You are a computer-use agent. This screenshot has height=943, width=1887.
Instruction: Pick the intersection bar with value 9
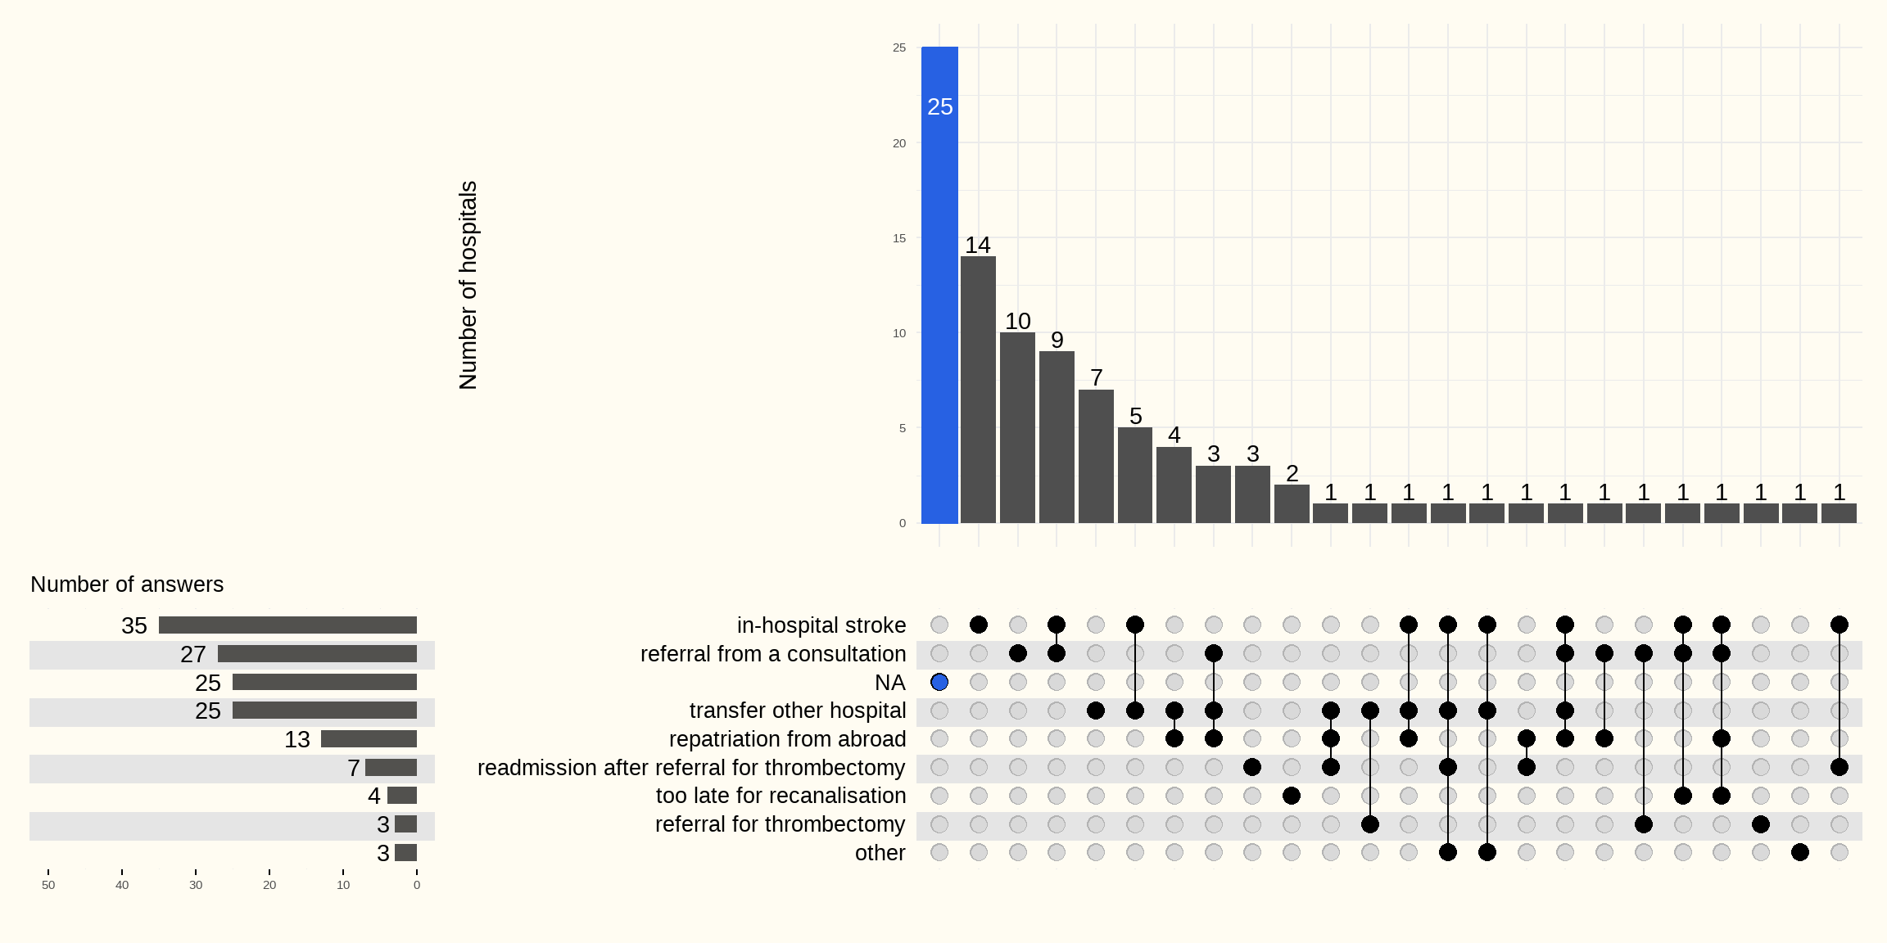point(1057,437)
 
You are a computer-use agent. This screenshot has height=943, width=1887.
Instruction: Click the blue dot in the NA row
point(939,682)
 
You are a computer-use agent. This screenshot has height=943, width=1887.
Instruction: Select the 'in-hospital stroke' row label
point(821,625)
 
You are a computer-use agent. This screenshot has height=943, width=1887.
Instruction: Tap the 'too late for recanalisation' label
point(781,796)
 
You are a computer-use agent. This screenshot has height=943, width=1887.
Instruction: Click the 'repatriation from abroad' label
point(787,739)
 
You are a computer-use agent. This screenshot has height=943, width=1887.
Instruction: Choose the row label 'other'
point(880,853)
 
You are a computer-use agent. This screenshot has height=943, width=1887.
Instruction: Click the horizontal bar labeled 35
point(287,625)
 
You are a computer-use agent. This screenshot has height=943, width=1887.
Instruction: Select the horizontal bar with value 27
point(317,654)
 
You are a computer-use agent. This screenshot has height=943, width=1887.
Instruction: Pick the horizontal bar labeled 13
point(369,739)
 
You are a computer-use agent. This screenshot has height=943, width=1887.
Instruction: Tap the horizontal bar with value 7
point(391,768)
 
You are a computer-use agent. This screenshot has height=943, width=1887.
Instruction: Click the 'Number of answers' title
point(127,584)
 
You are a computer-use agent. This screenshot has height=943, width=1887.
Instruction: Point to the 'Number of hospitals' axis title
point(468,285)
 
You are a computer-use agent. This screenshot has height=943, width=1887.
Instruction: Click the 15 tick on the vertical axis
point(899,238)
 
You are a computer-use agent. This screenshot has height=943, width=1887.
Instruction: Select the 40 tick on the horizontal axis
point(122,885)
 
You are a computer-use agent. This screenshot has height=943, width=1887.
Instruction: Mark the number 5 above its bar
point(1135,416)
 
